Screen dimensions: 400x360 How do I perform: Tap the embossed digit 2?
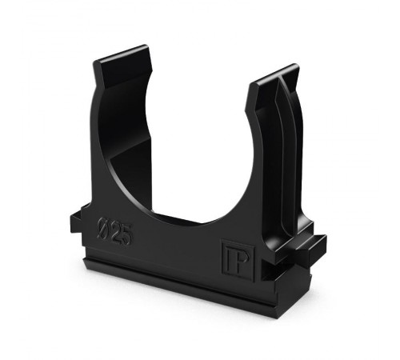117,233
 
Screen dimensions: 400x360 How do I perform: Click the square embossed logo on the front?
238,261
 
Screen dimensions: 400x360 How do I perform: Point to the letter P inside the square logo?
242,261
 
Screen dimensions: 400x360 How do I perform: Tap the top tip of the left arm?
146,46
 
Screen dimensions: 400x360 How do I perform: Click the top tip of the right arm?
295,65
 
